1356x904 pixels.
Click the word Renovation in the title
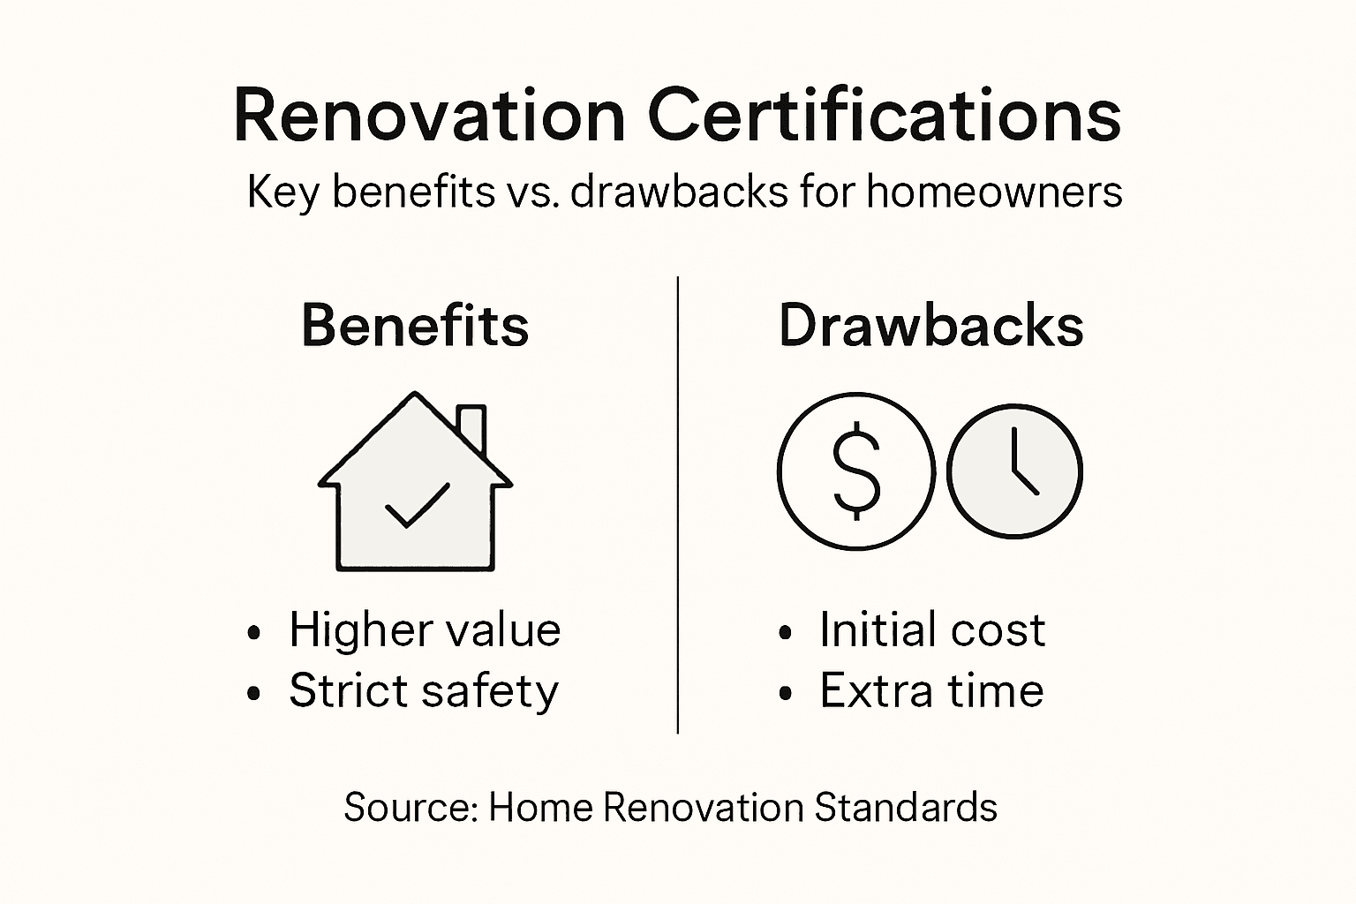pyautogui.click(x=429, y=116)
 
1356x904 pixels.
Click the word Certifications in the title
pyautogui.click(x=884, y=116)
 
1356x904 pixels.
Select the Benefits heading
pyautogui.click(x=415, y=325)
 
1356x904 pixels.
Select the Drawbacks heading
pyautogui.click(x=930, y=325)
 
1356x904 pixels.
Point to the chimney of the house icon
pyautogui.click(x=472, y=428)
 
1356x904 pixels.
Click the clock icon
pyautogui.click(x=1014, y=470)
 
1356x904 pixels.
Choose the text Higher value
pyautogui.click(x=425, y=630)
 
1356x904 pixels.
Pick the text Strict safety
pyautogui.click(x=424, y=690)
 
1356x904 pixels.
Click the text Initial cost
pyautogui.click(x=932, y=630)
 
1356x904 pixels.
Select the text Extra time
pyautogui.click(x=931, y=690)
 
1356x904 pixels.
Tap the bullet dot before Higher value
pyautogui.click(x=255, y=633)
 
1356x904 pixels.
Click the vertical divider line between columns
pyautogui.click(x=677, y=503)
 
